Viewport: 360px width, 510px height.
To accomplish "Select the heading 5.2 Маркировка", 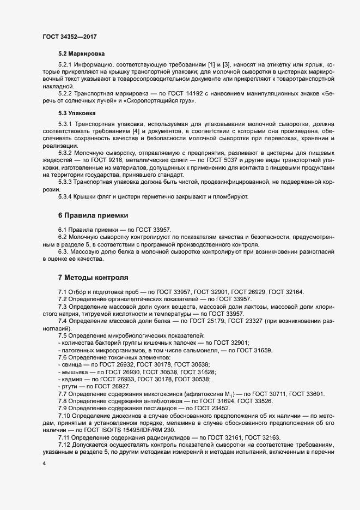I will (82, 54).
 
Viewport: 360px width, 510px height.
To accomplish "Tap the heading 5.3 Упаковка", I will (77, 113).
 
